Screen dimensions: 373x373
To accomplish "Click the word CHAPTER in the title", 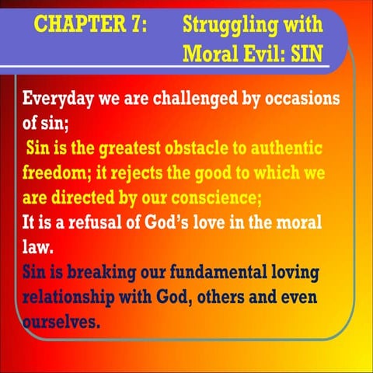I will coord(76,23).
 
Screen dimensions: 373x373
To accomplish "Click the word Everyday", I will coord(63,99).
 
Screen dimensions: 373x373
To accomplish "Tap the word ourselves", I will coord(61,319).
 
